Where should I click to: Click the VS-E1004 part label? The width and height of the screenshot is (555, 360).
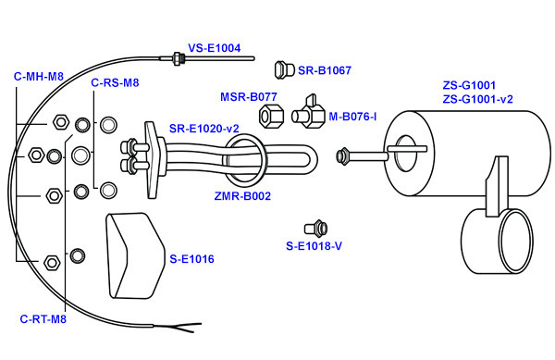pyautogui.click(x=215, y=48)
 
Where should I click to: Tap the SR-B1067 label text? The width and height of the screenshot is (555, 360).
pyautogui.click(x=325, y=70)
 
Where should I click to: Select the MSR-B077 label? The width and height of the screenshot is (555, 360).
pyautogui.click(x=249, y=96)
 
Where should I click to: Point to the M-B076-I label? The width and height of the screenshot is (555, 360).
pyautogui.click(x=352, y=117)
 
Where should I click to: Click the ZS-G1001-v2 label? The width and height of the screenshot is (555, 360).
pyautogui.click(x=477, y=99)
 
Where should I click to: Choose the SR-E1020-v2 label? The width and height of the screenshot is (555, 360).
pyautogui.click(x=203, y=129)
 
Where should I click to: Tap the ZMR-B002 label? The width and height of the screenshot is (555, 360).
pyautogui.click(x=242, y=196)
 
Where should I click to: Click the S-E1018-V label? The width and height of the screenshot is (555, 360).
pyautogui.click(x=314, y=245)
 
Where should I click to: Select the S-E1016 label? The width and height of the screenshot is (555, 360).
pyautogui.click(x=191, y=259)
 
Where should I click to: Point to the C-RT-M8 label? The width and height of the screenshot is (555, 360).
pyautogui.click(x=43, y=319)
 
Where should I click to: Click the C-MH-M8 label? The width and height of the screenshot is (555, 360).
pyautogui.click(x=39, y=77)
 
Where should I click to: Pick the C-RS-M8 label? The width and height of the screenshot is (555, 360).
pyautogui.click(x=115, y=83)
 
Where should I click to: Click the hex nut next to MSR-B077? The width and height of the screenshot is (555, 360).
pyautogui.click(x=271, y=116)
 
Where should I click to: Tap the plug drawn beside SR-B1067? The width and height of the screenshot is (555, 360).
pyautogui.click(x=284, y=69)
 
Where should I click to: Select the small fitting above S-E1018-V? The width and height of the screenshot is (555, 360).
pyautogui.click(x=315, y=229)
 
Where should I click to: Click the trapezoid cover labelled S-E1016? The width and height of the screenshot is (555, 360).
pyautogui.click(x=135, y=255)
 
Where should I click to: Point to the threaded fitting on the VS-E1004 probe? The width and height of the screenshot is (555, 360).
pyautogui.click(x=177, y=58)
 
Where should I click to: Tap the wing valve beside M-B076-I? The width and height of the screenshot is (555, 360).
pyautogui.click(x=308, y=112)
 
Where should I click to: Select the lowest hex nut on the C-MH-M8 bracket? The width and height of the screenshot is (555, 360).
pyautogui.click(x=52, y=262)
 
